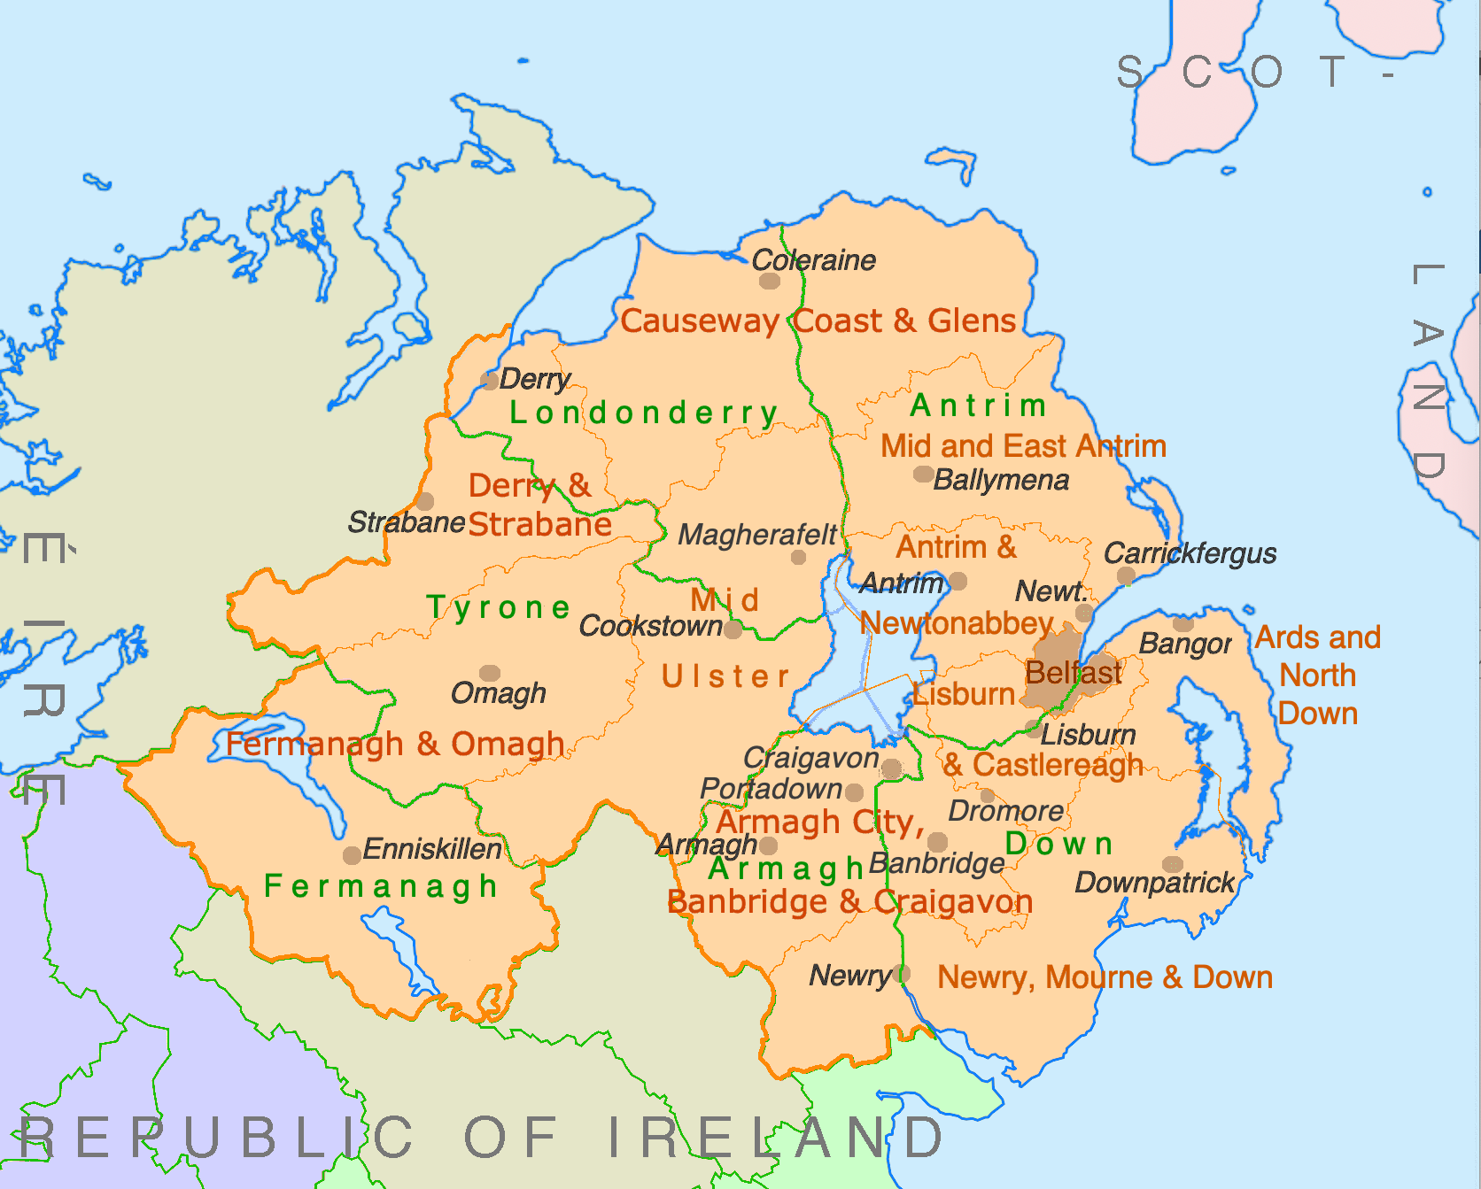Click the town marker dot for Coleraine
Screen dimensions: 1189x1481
[x=770, y=281]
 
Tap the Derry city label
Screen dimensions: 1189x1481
[x=534, y=379]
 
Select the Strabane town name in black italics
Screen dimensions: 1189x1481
[x=406, y=521]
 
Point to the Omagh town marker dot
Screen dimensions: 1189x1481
[x=490, y=674]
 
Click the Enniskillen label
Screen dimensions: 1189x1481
[x=432, y=849]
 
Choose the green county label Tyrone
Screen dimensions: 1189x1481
[x=499, y=607]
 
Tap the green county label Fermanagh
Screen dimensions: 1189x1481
[x=381, y=885]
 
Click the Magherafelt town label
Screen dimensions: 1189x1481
[x=756, y=535]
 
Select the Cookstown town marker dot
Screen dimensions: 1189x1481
[x=733, y=629]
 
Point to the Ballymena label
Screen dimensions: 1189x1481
[x=1001, y=480]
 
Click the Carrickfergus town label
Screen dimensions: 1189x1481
[x=1190, y=553]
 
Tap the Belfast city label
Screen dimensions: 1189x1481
[x=1073, y=673]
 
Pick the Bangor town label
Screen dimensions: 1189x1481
[x=1185, y=644]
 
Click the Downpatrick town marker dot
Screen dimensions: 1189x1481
[x=1172, y=864]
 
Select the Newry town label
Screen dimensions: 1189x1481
[x=849, y=976]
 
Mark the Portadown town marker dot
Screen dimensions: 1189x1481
[x=854, y=792]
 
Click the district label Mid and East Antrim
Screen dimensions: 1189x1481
[x=1023, y=445]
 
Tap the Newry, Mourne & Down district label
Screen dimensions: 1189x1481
[x=1105, y=977]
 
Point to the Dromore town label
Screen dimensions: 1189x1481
[x=1005, y=810]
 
